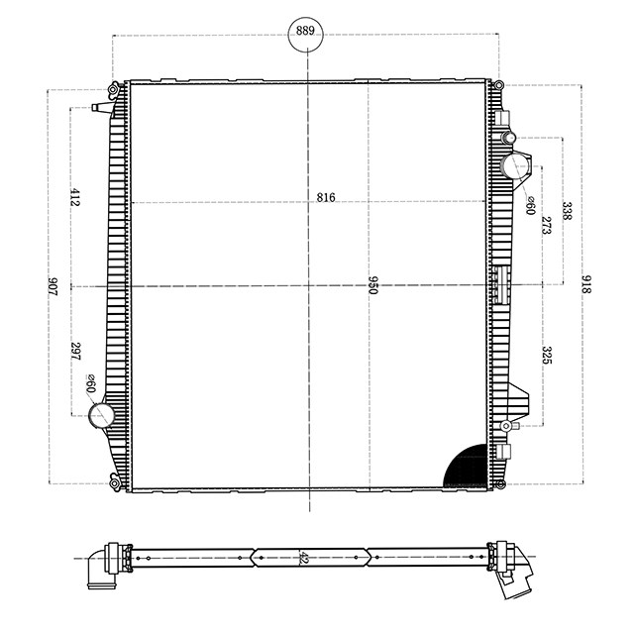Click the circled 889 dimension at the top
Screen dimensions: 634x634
(x=306, y=32)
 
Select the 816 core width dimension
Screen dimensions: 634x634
(x=326, y=197)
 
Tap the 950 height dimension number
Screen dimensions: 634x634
(x=373, y=286)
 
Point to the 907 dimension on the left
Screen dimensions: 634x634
(x=53, y=287)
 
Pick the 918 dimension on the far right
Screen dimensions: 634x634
(x=586, y=285)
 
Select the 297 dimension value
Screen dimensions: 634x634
(x=75, y=351)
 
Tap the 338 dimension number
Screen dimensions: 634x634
(x=567, y=211)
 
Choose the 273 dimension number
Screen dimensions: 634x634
(x=546, y=225)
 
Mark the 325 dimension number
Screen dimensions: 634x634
(x=546, y=356)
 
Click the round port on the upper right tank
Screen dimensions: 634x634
(x=516, y=165)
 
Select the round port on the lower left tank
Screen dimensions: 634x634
(x=101, y=416)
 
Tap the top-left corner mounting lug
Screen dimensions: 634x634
(x=116, y=86)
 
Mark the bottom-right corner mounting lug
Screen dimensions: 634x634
(x=500, y=483)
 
